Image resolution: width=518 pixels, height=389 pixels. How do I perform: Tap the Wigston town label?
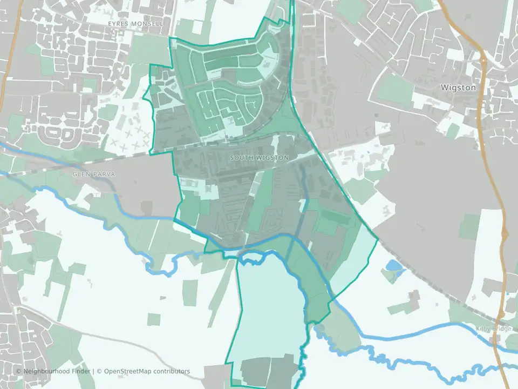458,87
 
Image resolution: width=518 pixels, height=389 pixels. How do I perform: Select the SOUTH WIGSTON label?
259,158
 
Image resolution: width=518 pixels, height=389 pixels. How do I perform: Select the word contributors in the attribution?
172,371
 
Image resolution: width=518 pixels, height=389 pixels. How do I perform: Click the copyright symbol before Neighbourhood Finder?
18,371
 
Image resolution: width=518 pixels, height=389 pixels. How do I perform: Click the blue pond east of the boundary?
393,266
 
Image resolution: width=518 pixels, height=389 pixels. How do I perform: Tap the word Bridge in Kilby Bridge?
499,328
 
